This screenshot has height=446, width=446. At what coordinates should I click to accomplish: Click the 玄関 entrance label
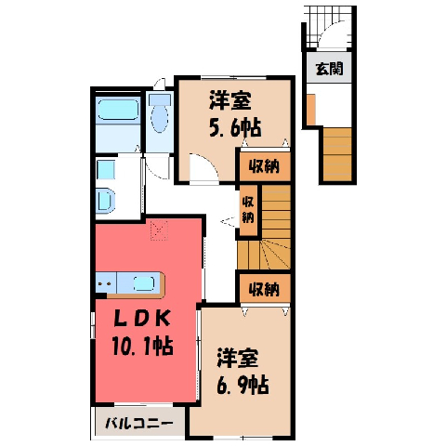329,69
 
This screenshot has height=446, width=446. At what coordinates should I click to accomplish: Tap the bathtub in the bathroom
118,109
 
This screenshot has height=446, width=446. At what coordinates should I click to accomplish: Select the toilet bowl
160,112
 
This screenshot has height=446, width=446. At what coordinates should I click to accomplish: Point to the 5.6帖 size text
235,127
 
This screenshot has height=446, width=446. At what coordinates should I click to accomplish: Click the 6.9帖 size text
243,385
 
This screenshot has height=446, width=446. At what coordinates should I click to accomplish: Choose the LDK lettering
142,319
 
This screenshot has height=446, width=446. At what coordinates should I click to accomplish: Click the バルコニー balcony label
139,423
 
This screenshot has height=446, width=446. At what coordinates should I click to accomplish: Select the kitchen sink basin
144,283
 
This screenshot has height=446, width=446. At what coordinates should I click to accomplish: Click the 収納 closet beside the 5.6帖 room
264,166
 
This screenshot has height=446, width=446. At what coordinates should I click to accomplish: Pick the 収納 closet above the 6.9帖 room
264,289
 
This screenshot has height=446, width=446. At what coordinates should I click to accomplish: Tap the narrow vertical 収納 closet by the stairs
248,210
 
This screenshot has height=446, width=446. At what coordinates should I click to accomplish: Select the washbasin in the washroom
105,201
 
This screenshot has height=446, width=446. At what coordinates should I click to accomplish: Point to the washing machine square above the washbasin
106,170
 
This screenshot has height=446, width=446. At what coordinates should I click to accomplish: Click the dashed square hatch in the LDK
159,230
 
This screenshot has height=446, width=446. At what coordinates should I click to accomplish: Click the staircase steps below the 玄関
337,154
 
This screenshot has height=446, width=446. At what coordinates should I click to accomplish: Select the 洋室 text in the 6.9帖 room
237,358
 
